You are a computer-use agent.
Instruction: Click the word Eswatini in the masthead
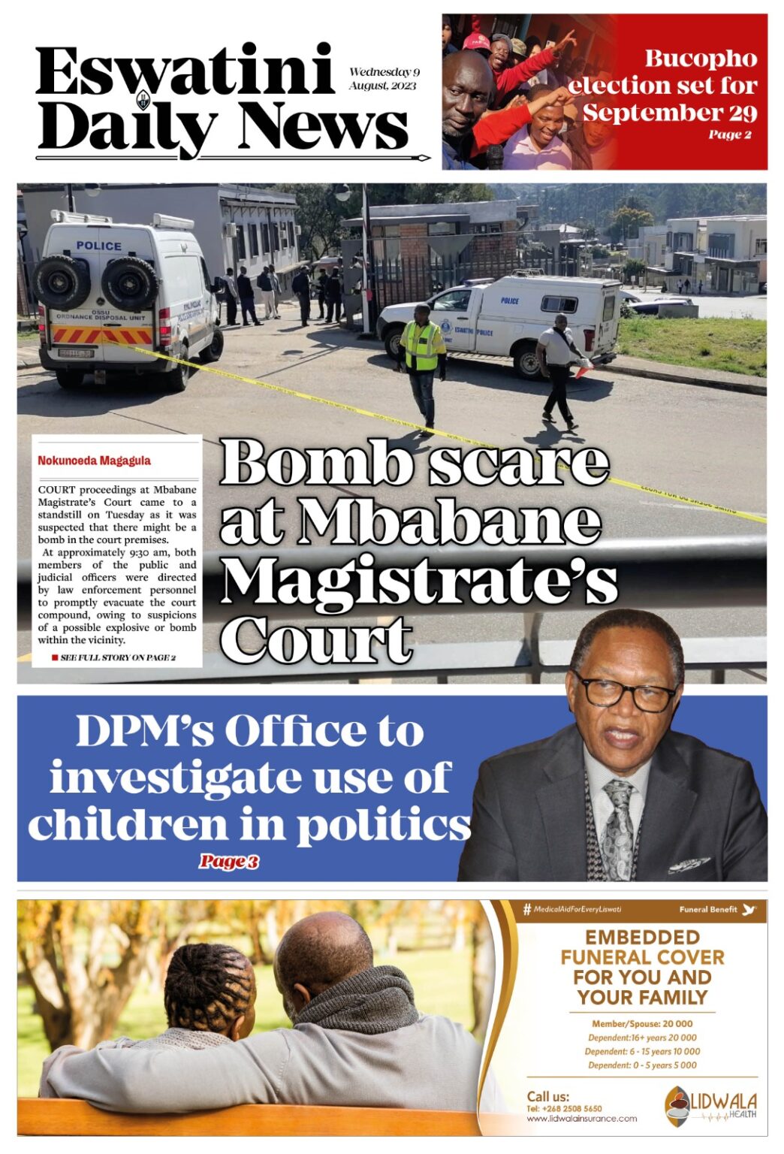[184, 72]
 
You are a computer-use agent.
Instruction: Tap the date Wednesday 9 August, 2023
[384, 79]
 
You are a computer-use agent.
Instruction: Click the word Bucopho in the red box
[700, 59]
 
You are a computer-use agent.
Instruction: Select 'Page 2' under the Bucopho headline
[729, 135]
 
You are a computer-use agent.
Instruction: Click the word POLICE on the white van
[98, 246]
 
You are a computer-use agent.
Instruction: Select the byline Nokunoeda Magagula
[94, 461]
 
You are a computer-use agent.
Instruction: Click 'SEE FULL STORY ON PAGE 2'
[117, 657]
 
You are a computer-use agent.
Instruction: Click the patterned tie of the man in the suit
[621, 826]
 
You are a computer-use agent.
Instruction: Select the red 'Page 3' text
[228, 862]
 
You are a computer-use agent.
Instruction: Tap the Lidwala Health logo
[710, 1105]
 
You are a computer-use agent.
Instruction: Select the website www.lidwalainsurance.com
[581, 1119]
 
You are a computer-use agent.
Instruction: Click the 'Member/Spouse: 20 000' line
[642, 1023]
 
